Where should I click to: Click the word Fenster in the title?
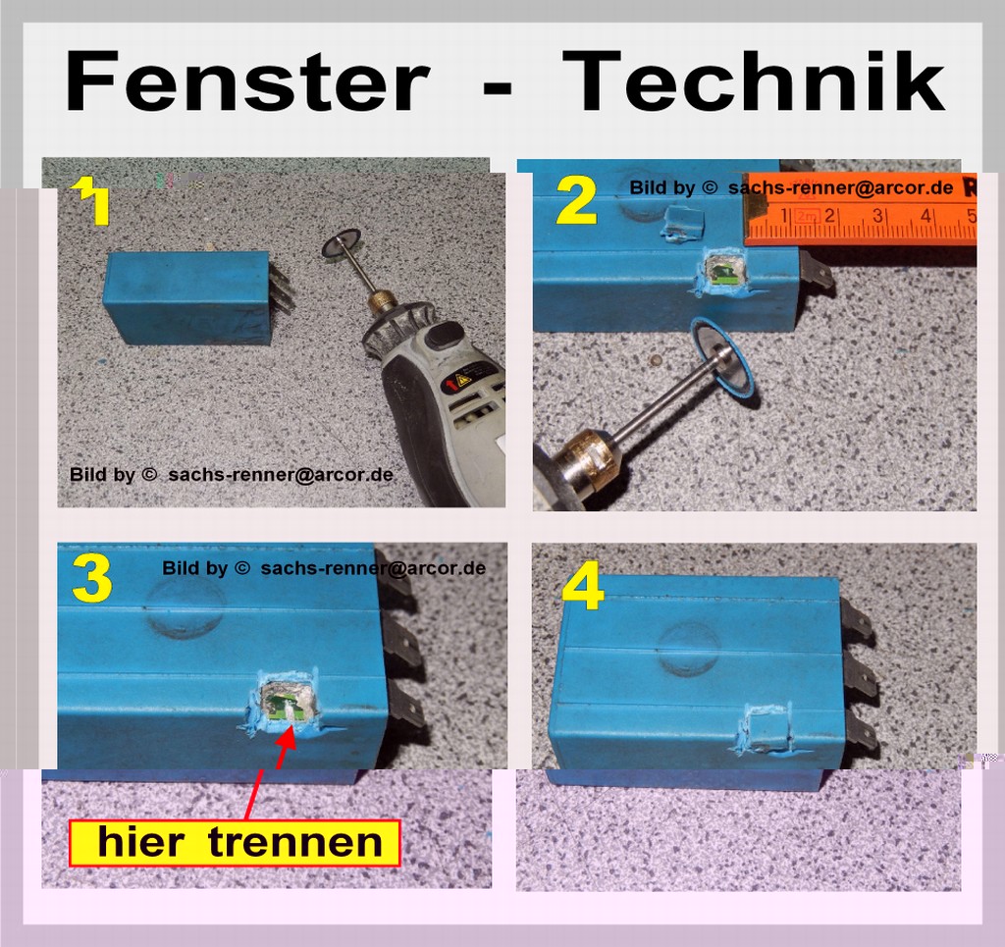click(x=246, y=81)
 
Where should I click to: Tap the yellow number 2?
click(x=577, y=202)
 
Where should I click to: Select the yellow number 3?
click(x=92, y=579)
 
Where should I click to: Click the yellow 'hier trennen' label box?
click(x=235, y=843)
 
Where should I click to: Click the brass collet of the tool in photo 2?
click(x=579, y=458)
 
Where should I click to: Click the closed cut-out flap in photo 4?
click(x=764, y=726)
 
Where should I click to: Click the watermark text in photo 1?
click(x=231, y=475)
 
